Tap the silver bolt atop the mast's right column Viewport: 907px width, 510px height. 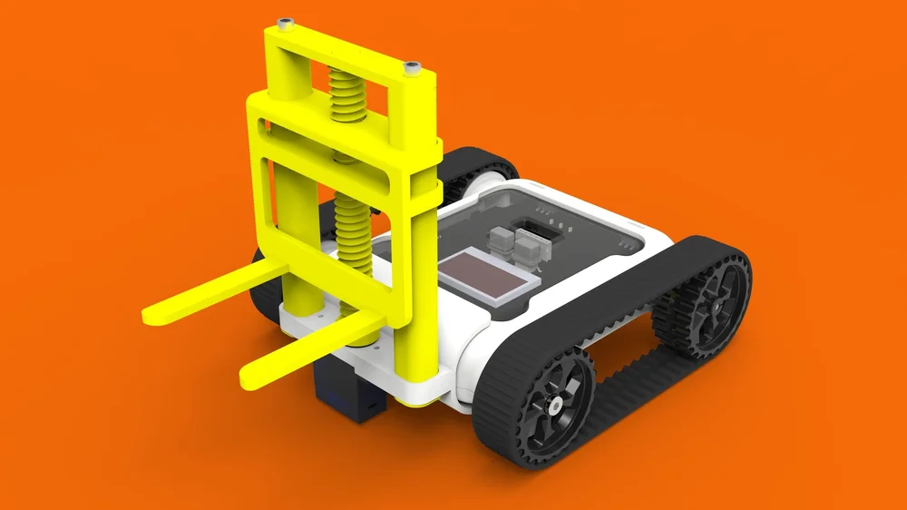413,67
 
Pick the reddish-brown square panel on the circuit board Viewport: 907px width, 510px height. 488,275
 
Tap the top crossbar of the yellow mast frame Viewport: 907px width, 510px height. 345,54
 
